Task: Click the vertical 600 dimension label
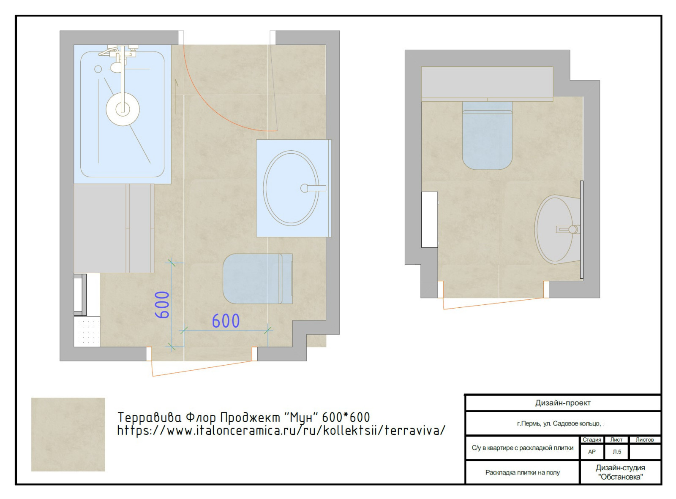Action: (162, 305)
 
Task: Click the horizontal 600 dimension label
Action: (226, 321)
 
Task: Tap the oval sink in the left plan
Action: (291, 188)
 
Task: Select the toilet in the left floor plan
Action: (258, 279)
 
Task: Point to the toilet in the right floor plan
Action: (487, 136)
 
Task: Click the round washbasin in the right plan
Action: (557, 228)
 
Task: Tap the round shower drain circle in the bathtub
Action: (123, 109)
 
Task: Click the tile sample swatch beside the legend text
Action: (68, 434)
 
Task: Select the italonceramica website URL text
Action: (281, 431)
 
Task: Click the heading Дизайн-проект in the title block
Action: (563, 403)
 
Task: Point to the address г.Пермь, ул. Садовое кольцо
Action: (559, 423)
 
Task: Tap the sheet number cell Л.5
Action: (616, 451)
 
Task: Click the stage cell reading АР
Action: (591, 451)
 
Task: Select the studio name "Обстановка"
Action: (620, 477)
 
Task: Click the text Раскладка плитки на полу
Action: (522, 472)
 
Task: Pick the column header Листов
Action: (644, 439)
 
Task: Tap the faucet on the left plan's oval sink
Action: (313, 188)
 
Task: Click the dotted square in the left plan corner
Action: (87, 331)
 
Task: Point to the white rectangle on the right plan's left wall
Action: (429, 220)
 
